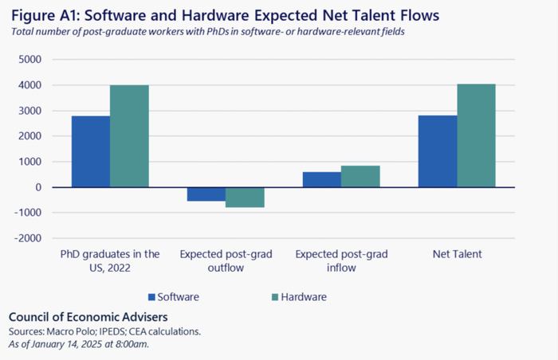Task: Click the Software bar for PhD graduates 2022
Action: (91, 151)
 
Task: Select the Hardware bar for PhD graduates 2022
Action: (129, 136)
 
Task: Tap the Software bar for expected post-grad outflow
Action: (206, 194)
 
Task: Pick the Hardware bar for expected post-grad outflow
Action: (245, 198)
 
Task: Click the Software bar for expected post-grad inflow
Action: (322, 179)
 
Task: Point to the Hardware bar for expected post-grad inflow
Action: (360, 176)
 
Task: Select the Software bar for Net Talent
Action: (438, 151)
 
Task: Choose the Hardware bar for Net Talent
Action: (476, 135)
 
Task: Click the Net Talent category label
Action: (457, 254)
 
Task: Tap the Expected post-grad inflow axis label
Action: (341, 260)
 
